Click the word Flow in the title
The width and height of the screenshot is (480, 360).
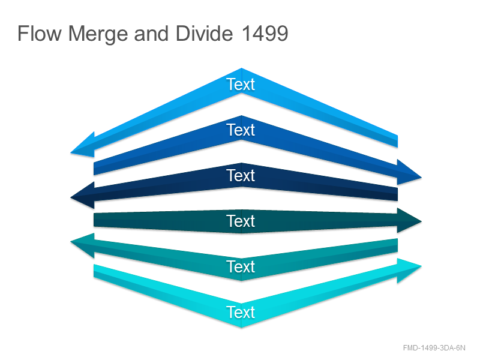[x=40, y=34]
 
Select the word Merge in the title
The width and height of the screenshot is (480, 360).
[x=98, y=34]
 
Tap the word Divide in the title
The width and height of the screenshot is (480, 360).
[x=204, y=34]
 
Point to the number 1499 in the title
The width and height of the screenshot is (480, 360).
[x=265, y=34]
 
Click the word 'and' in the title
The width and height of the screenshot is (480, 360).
[x=151, y=34]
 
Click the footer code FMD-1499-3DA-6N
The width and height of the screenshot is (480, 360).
[x=434, y=348]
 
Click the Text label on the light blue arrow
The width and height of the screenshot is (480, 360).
[x=241, y=84]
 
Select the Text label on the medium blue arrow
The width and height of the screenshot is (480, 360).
[x=241, y=130]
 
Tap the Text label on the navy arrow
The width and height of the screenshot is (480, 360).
[x=241, y=175]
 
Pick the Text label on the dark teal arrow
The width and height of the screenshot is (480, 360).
[x=241, y=221]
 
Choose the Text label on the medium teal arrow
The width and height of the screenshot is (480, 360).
[x=241, y=266]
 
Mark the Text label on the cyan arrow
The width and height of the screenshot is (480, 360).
[x=241, y=312]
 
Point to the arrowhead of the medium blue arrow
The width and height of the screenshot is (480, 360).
[x=409, y=173]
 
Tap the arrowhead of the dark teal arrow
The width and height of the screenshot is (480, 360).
[x=409, y=220]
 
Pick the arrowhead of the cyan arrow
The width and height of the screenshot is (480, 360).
[x=409, y=269]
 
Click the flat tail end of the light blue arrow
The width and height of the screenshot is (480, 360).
[x=397, y=142]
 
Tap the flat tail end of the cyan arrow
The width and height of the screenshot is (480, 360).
[x=94, y=271]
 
